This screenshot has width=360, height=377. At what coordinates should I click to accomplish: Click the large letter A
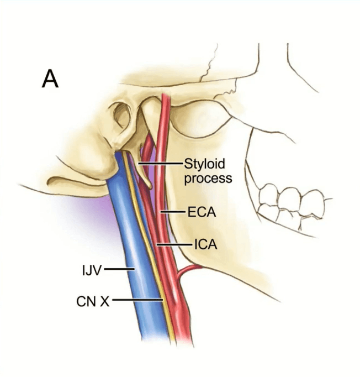[x=50, y=78]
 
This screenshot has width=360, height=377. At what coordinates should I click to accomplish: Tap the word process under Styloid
[x=207, y=178]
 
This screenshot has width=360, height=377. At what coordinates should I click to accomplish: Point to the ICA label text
[x=205, y=244]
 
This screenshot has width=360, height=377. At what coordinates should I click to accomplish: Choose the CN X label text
[x=93, y=301]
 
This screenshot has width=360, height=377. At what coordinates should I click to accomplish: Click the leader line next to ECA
[x=173, y=212]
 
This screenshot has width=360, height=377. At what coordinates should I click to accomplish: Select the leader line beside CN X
[x=138, y=301]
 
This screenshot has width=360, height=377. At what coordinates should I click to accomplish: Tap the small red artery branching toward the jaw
[x=190, y=269]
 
